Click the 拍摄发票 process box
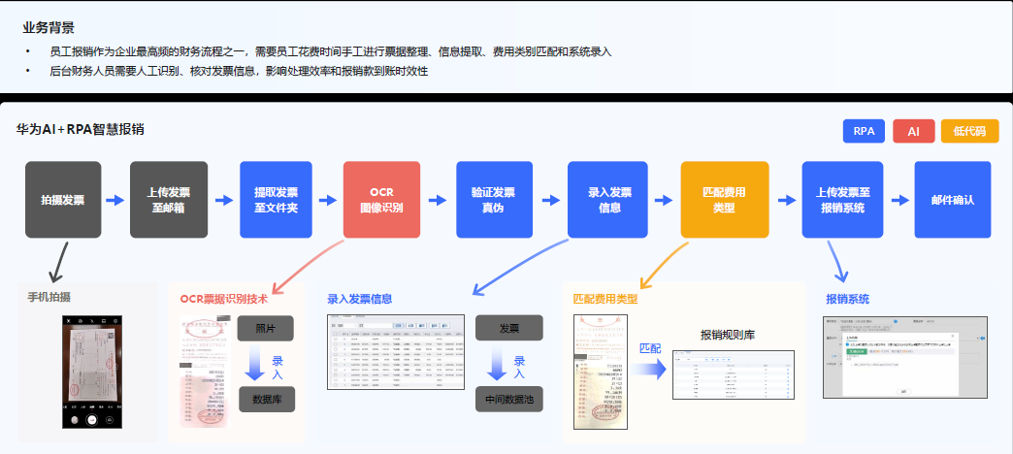tap(63, 200)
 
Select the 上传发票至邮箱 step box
tap(169, 200)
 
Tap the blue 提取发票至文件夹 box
tap(277, 200)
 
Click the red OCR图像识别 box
tap(381, 200)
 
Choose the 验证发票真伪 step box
tap(494, 200)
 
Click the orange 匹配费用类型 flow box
tap(718, 200)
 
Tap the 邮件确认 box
tap(952, 200)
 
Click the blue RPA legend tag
tap(864, 131)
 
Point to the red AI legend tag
tap(914, 131)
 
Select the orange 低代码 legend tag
tap(969, 131)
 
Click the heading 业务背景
tap(49, 28)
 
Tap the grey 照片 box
tap(265, 328)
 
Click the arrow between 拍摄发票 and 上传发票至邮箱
tap(115, 201)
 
